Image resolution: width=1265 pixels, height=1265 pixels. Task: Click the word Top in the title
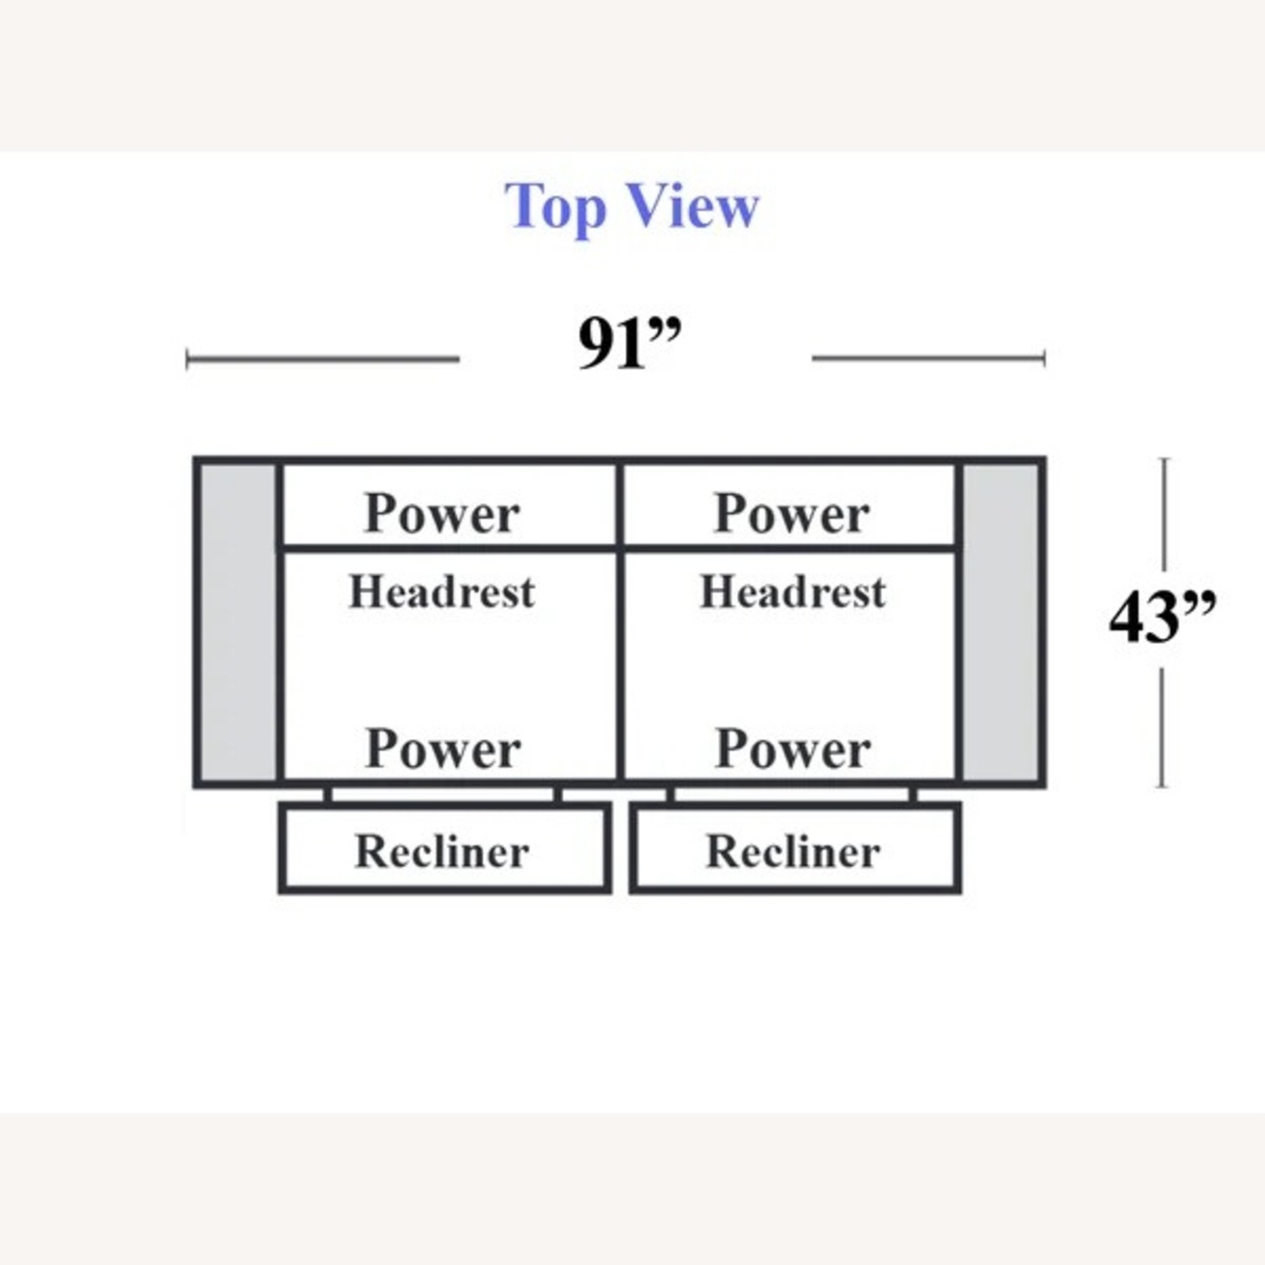pyautogui.click(x=555, y=207)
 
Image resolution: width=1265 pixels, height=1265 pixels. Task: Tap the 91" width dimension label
pyautogui.click(x=629, y=344)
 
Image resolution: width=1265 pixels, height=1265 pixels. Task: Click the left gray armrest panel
pyautogui.click(x=238, y=622)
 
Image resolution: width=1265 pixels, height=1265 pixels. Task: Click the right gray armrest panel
pyautogui.click(x=1001, y=622)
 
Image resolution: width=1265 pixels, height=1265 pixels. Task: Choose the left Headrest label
pyautogui.click(x=442, y=591)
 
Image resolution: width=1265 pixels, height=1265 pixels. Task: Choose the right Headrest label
pyautogui.click(x=793, y=591)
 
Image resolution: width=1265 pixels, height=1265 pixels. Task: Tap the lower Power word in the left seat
pyautogui.click(x=443, y=748)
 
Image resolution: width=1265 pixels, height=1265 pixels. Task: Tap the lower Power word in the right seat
pyautogui.click(x=793, y=748)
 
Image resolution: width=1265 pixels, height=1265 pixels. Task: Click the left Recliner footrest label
pyautogui.click(x=442, y=851)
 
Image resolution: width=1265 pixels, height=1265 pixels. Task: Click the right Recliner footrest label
pyautogui.click(x=793, y=851)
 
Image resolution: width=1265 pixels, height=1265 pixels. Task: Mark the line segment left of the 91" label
pyautogui.click(x=323, y=359)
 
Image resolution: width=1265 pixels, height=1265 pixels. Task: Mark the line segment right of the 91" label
pyautogui.click(x=928, y=358)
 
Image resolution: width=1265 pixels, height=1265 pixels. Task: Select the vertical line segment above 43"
pyautogui.click(x=1165, y=514)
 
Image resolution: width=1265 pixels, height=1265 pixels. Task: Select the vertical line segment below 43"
pyautogui.click(x=1164, y=727)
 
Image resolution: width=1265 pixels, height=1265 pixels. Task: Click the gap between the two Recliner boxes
pyautogui.click(x=621, y=848)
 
